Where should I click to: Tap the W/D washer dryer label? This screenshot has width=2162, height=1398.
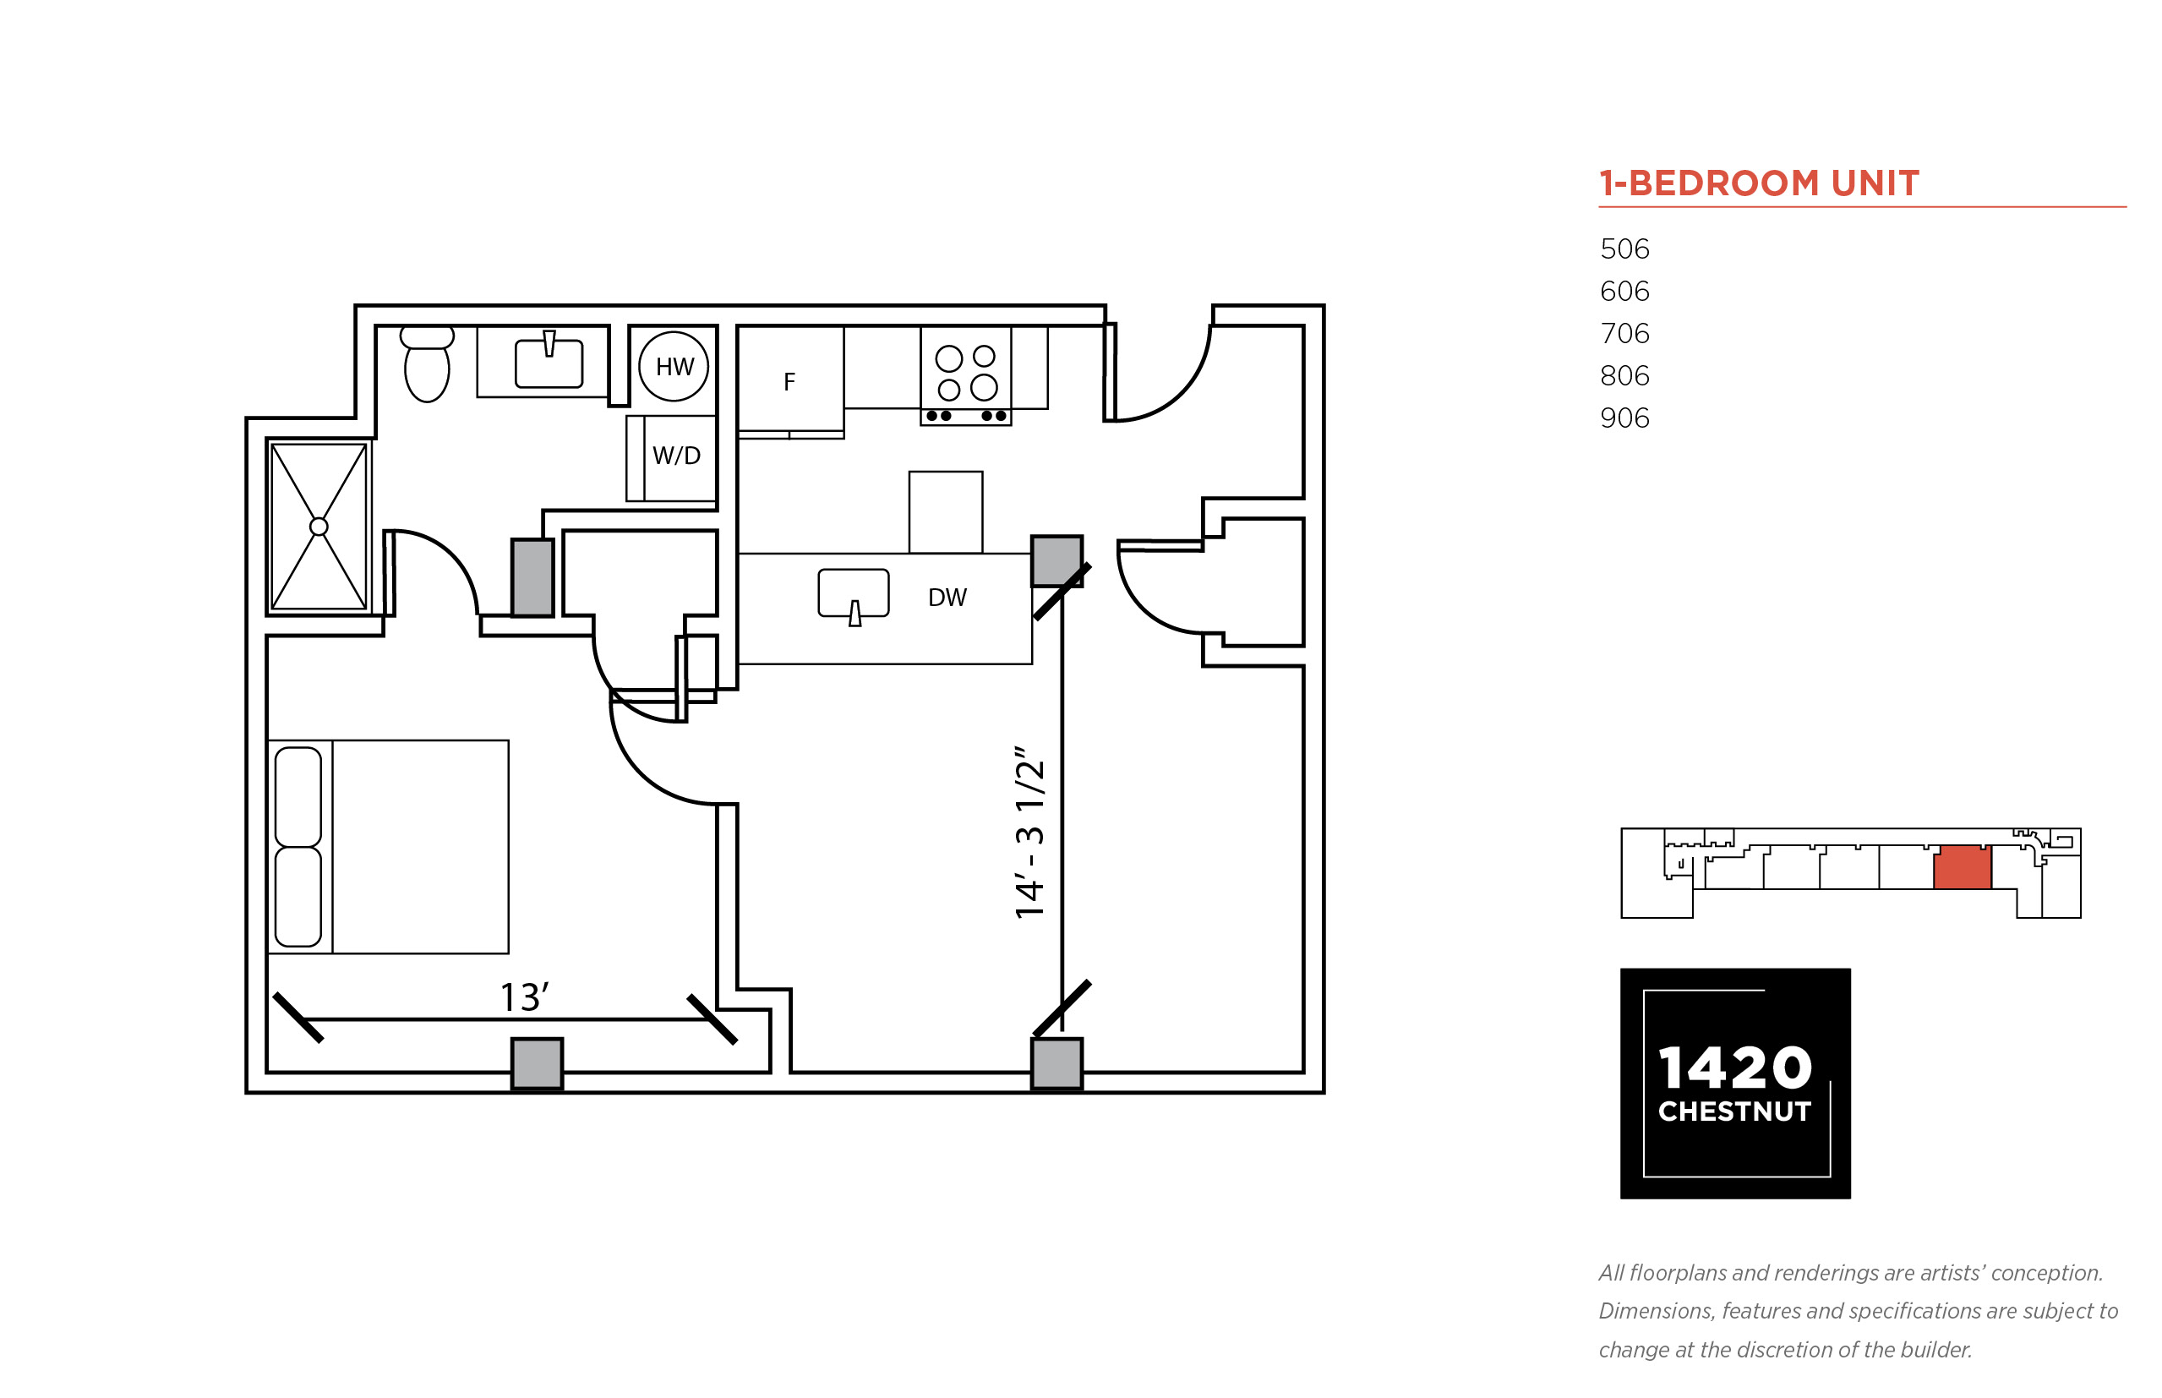tap(676, 456)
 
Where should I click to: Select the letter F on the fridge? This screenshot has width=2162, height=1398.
tap(789, 382)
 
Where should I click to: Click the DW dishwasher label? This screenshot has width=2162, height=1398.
tap(947, 598)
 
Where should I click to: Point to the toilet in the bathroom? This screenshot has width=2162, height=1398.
tap(427, 364)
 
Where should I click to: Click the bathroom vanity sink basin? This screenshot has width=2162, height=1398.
tap(549, 363)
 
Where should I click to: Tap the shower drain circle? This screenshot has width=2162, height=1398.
tap(319, 527)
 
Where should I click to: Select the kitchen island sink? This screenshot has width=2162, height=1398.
tap(853, 594)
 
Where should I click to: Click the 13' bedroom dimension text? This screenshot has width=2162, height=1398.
tap(525, 997)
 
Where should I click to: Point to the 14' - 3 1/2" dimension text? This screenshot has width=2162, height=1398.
tap(1029, 833)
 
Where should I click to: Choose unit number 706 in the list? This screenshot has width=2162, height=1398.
tap(1624, 333)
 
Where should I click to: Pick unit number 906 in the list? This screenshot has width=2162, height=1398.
tap(1624, 418)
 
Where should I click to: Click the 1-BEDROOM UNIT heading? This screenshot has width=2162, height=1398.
tap(1759, 183)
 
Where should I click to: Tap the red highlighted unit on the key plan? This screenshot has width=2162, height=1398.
tap(1962, 867)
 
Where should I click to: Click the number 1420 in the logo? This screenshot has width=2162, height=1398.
tap(1734, 1068)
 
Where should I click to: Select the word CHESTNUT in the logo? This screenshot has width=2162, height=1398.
tap(1734, 1112)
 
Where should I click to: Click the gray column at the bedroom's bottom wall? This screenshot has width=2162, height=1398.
tap(537, 1064)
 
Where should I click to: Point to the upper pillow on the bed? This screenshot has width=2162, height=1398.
tap(298, 797)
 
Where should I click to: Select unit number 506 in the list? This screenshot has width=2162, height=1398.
tap(1624, 248)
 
